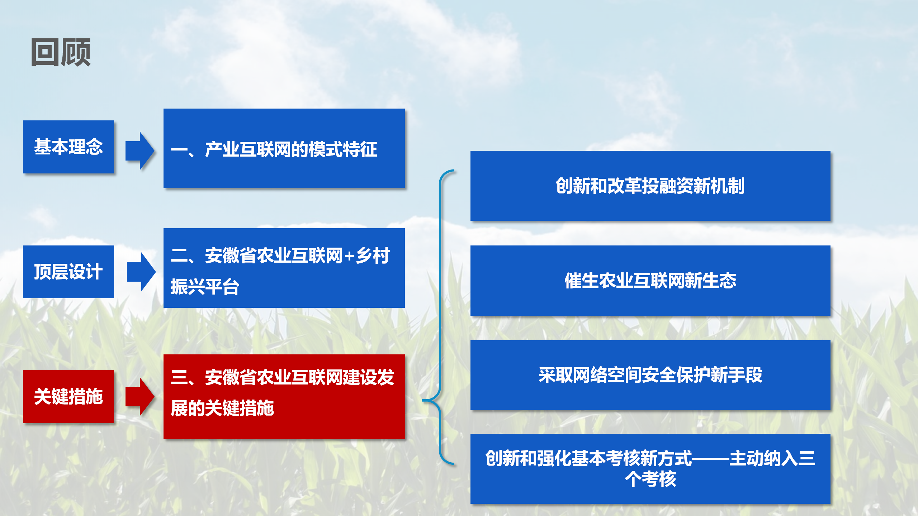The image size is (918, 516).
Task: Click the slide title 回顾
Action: tap(61, 52)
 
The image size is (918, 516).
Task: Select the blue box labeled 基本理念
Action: tap(68, 147)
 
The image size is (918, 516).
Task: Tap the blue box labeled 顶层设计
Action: tap(68, 272)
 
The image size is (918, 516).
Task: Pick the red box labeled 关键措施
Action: tap(68, 397)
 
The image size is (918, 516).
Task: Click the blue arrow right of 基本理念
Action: tap(140, 151)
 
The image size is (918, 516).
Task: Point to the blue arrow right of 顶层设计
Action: tap(141, 272)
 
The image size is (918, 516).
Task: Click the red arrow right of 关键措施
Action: tap(140, 397)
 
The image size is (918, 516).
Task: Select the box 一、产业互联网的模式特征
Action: tap(284, 148)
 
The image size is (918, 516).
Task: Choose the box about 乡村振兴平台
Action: tap(284, 268)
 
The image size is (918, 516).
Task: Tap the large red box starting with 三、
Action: tap(284, 397)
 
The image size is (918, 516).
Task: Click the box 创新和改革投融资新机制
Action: tap(650, 186)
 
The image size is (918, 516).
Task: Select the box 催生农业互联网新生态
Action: tap(650, 281)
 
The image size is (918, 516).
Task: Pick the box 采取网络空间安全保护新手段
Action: tap(650, 375)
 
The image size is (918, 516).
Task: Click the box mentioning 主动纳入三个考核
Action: tap(650, 469)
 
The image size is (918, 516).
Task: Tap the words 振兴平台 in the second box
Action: tap(205, 287)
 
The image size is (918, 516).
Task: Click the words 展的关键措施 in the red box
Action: tap(222, 408)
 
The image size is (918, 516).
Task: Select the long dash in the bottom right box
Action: tap(710, 458)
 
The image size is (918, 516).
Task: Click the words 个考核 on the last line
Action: tap(650, 479)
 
